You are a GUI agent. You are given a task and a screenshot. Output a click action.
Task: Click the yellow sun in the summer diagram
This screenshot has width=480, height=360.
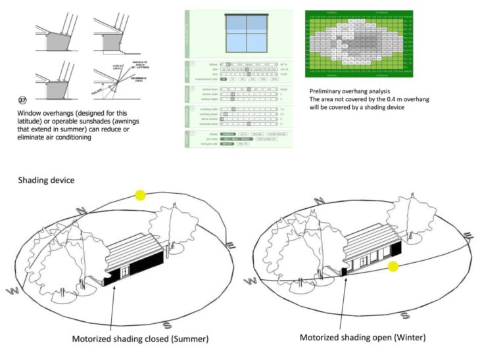point(140,195)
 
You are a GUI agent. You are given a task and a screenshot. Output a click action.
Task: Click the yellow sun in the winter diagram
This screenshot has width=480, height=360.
point(393,266)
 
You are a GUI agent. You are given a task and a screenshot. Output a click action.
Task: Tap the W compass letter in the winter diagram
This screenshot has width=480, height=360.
point(251,282)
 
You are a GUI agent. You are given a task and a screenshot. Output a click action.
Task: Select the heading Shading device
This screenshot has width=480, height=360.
point(46,180)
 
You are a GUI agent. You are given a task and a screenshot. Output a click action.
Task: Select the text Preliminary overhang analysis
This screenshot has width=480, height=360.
point(354,90)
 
